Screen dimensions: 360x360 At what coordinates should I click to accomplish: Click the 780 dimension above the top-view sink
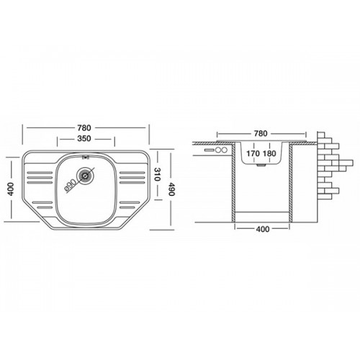tap(84, 127)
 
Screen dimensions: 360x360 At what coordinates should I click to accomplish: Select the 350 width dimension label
tap(84, 138)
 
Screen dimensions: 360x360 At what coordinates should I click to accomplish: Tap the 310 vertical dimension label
tap(158, 174)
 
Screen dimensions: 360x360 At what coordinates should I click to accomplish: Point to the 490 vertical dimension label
tap(171, 189)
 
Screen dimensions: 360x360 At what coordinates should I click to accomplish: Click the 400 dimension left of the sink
tap(11, 189)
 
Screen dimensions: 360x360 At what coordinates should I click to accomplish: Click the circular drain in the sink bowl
tap(85, 176)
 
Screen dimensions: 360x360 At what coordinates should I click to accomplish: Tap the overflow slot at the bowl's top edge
tap(85, 158)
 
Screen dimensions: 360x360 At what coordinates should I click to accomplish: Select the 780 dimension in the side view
tap(261, 133)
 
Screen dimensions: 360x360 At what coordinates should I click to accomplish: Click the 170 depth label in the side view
tap(253, 153)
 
